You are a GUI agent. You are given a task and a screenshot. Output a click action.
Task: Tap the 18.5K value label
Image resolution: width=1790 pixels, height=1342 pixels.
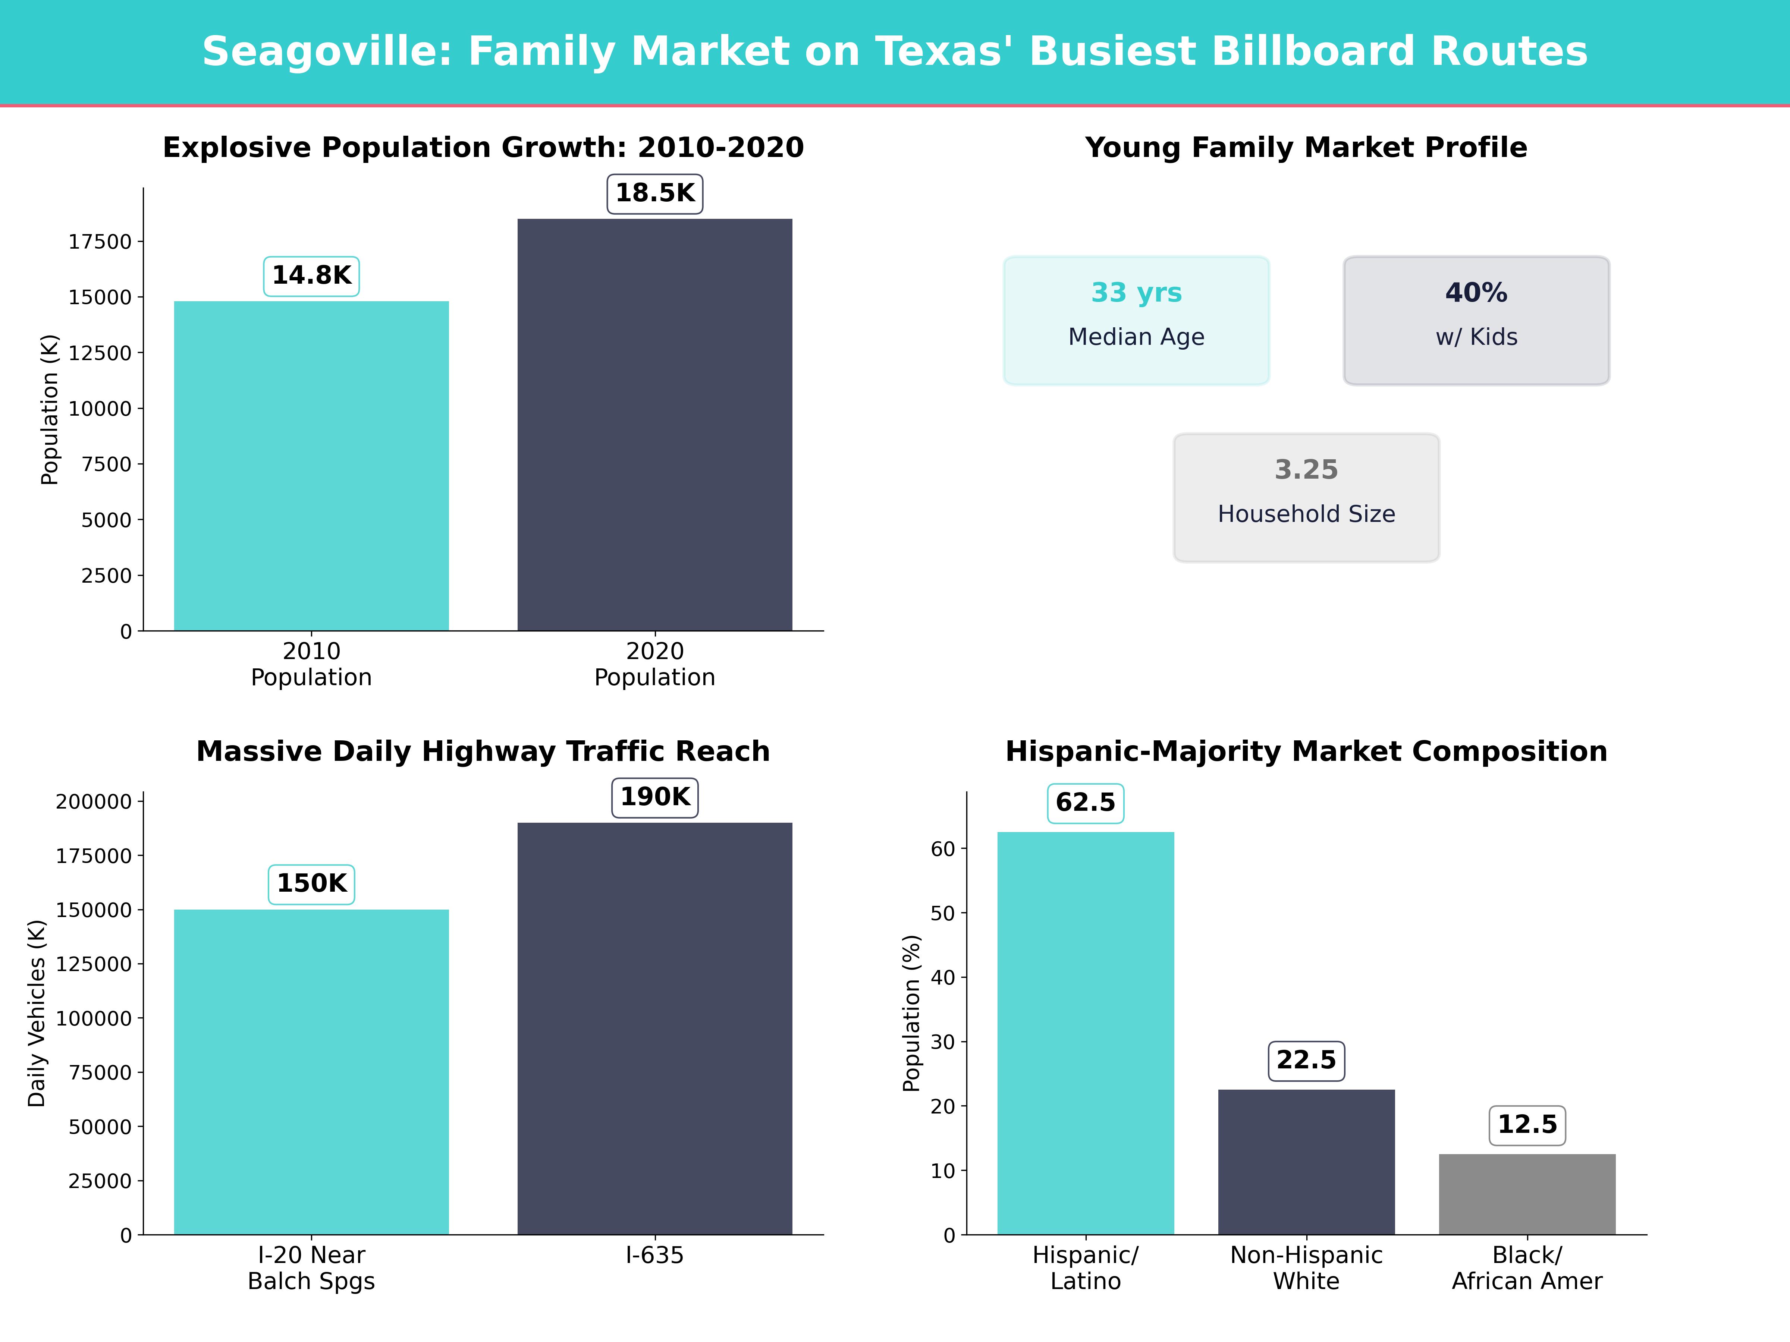(655, 193)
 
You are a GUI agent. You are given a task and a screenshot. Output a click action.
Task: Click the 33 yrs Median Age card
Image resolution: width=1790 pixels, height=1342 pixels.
(1136, 320)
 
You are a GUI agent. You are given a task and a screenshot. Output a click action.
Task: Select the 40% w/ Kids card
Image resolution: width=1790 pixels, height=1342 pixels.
(1476, 320)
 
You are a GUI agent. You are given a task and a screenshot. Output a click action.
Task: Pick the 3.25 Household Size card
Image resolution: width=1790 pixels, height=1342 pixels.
(1306, 498)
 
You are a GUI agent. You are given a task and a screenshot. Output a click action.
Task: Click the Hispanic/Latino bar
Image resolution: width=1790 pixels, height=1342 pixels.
(1085, 1033)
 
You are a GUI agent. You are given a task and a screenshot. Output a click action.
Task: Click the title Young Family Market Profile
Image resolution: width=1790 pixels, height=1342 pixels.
(1306, 148)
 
